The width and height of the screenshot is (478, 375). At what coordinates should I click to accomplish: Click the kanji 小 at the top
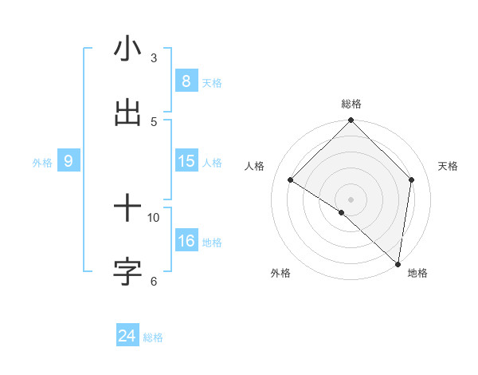pos(127,49)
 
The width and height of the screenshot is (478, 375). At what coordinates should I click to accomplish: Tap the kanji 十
pos(127,209)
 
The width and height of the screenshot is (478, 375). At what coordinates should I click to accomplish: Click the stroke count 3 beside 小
pos(154,58)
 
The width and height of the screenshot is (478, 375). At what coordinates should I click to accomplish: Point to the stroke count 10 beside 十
pos(154,217)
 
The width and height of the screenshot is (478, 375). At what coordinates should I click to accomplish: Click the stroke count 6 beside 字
pos(154,280)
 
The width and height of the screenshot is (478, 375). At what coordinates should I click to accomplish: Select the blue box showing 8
pos(186,81)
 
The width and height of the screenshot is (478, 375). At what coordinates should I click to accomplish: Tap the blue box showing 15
pos(186,161)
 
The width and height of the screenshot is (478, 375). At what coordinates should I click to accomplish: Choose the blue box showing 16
pos(186,241)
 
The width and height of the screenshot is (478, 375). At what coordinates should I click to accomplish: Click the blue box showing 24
pos(127,336)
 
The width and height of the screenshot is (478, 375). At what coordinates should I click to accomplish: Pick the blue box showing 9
pos(69,161)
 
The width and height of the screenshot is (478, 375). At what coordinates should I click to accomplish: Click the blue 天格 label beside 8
pos(212,83)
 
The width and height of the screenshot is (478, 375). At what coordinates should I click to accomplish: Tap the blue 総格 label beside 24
pos(153,337)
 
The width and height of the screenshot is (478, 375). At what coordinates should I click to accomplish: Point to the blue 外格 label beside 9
pos(42,163)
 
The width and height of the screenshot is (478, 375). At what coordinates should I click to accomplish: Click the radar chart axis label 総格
pos(351,104)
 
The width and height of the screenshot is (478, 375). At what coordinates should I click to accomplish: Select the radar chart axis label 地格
pos(417,273)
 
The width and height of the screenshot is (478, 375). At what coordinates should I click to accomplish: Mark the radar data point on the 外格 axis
pos(342,212)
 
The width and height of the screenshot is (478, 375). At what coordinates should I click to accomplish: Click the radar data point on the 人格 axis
pos(291,180)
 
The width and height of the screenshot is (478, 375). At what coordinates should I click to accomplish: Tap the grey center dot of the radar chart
pos(351,199)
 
